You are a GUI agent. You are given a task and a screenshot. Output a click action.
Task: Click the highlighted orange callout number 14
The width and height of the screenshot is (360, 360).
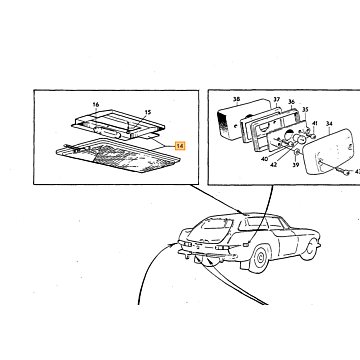180,146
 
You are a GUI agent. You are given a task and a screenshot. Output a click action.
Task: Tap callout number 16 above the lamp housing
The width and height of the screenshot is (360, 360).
96,105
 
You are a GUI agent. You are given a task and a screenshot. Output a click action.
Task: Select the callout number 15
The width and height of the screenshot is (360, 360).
148,112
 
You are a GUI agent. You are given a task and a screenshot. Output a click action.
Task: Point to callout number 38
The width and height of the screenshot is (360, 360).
236,99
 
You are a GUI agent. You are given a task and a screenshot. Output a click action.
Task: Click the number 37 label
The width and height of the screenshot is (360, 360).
277,100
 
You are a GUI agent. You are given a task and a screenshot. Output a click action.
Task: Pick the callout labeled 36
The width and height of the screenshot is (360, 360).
291,102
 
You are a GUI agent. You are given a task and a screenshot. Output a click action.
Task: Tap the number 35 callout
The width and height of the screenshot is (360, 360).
305,109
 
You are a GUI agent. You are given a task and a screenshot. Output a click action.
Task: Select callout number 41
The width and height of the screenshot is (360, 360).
315,123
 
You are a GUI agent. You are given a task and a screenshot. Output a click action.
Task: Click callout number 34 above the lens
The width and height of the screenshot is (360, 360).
329,124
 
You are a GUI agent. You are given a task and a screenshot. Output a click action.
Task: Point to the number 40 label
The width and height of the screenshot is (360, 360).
265,159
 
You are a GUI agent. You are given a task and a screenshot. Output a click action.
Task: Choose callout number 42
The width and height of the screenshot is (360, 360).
274,164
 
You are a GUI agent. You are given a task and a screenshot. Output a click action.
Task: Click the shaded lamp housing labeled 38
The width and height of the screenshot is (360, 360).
233,120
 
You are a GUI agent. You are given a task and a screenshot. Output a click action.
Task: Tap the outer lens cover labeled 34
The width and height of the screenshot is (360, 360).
328,152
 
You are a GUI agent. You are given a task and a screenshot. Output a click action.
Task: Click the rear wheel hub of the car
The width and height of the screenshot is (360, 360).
260,258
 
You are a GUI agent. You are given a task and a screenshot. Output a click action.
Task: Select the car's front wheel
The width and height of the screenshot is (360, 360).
308,249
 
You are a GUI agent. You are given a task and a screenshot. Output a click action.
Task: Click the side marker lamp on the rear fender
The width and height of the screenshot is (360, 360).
246,245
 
